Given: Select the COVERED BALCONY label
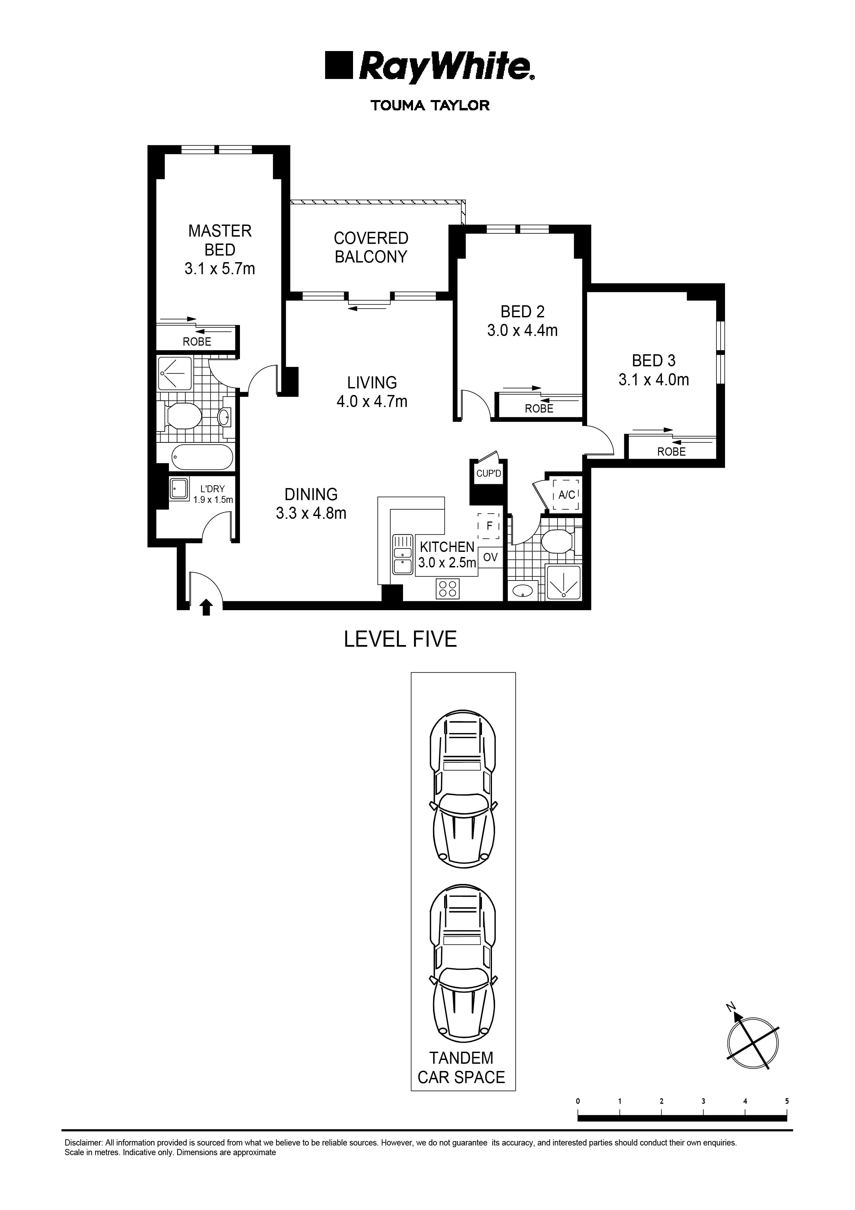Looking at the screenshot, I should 371,247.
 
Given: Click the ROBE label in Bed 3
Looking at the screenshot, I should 671,452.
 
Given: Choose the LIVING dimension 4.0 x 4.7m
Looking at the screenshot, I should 372,401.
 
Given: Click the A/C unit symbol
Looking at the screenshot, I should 566,495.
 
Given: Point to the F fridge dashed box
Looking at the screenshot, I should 489,526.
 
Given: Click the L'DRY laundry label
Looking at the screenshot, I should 212,489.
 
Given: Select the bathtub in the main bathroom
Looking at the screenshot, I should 203,457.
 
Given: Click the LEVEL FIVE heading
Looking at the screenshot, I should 400,639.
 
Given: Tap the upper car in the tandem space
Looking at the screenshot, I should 463,789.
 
